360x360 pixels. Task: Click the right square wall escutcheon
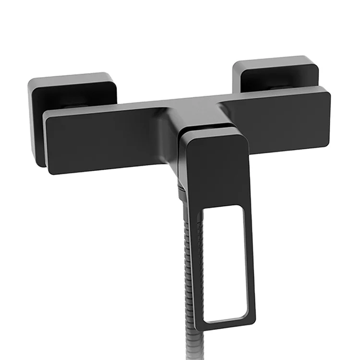tap(276, 72)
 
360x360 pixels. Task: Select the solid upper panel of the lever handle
tap(216, 168)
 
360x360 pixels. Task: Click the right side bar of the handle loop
tap(250, 264)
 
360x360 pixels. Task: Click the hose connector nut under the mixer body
tap(180, 192)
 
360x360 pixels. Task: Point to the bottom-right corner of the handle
tap(253, 326)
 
